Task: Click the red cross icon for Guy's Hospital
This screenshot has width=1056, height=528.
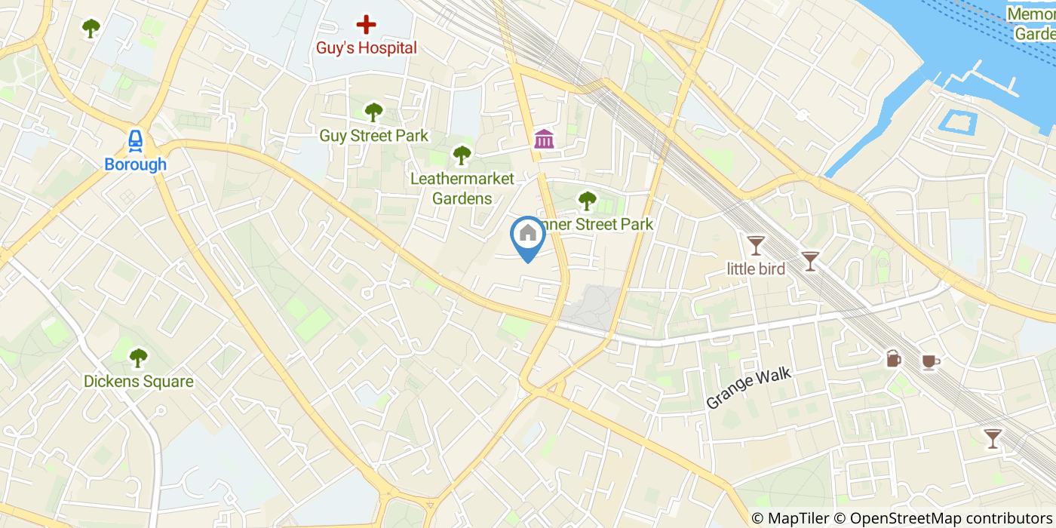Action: [366, 25]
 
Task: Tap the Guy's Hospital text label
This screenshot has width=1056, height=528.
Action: [366, 48]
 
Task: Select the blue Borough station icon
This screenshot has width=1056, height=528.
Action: [136, 140]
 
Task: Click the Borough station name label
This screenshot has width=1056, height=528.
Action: [136, 164]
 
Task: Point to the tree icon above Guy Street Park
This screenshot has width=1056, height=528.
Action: [373, 112]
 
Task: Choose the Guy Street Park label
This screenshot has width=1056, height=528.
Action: [373, 136]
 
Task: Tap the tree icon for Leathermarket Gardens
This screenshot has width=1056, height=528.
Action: [462, 155]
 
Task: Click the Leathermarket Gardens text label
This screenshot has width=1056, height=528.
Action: [462, 189]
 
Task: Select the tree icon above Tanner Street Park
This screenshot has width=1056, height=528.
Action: [587, 201]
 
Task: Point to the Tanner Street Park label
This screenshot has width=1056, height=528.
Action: [596, 225]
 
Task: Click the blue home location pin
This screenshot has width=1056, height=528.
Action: [528, 234]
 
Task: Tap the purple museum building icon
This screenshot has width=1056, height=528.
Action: [544, 139]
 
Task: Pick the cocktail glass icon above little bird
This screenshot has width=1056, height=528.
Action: [756, 244]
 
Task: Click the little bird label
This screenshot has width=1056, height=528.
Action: [756, 269]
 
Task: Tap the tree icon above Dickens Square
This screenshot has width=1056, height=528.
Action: [138, 358]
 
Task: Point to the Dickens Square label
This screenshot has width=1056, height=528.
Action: [138, 382]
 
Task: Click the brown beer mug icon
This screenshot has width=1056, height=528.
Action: [894, 358]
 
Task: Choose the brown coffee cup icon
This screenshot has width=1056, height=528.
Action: [930, 362]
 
